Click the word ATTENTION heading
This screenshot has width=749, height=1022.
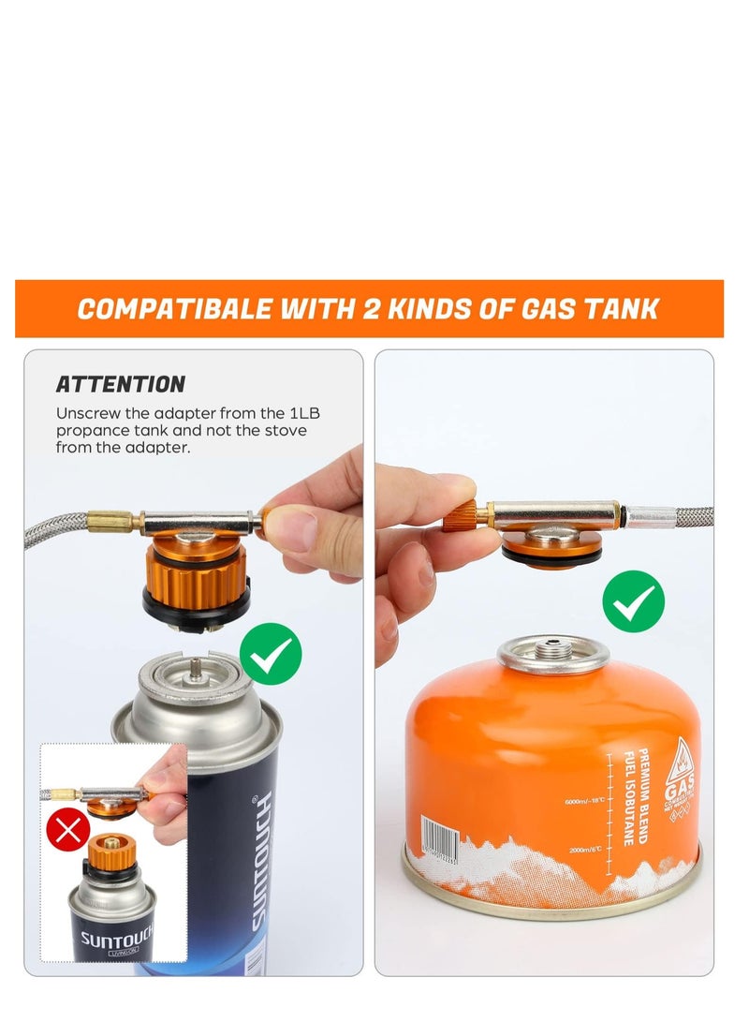coord(120,384)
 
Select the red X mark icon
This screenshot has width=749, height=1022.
coord(68,828)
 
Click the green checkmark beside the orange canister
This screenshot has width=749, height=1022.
coord(633,600)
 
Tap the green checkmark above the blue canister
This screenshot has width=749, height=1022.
coord(271,653)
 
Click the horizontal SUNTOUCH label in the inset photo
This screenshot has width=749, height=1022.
coord(112,939)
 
